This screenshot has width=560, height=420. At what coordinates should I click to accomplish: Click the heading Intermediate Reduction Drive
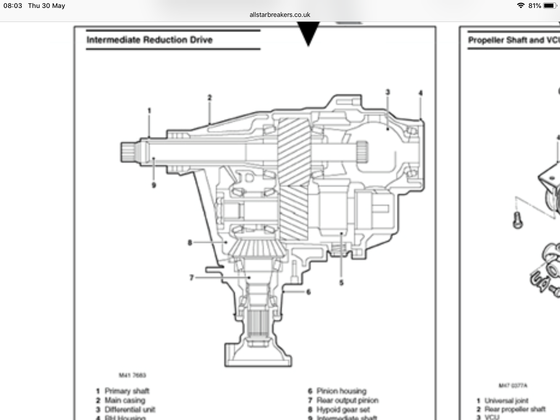149,40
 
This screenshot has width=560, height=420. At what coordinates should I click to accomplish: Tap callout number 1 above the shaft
149,110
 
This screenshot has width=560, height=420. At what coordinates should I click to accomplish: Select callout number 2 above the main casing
209,97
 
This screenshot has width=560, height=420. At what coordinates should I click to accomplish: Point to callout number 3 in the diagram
387,92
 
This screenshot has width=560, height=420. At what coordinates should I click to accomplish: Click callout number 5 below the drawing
341,283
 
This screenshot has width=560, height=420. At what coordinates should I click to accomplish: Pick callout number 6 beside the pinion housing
309,291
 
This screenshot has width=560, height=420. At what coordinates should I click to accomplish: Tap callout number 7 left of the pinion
191,277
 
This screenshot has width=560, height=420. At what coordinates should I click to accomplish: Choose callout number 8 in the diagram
190,242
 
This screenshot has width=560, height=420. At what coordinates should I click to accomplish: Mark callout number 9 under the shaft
154,185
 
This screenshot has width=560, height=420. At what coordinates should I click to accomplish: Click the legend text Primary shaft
127,391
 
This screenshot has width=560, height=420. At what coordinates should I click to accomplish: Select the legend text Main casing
125,400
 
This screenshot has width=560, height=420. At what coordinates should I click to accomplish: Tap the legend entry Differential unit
130,409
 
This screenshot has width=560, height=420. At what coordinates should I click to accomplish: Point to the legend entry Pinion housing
341,391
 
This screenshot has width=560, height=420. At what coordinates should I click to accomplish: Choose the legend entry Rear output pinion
347,400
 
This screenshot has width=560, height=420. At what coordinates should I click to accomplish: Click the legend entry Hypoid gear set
343,409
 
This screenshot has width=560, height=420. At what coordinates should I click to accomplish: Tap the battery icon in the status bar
550,6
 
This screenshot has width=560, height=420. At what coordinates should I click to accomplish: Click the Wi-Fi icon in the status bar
521,6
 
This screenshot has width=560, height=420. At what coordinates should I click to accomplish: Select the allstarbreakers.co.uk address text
280,15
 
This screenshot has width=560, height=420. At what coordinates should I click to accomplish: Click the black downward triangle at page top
309,34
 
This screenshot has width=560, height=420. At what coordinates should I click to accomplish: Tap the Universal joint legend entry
506,401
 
